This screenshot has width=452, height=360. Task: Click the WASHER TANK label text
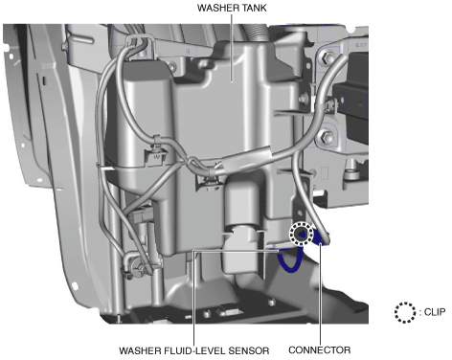[x=232, y=8]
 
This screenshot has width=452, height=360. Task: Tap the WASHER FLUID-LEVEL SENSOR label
[x=194, y=350]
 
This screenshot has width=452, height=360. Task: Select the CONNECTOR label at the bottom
[x=320, y=350]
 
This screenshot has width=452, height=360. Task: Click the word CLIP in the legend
[x=435, y=312]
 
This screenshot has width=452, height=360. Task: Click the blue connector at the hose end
[x=321, y=238]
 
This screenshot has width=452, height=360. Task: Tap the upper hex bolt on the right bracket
[x=326, y=58]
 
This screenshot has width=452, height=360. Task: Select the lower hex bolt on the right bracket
[x=327, y=137]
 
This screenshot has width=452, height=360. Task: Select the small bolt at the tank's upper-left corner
[x=171, y=67]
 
